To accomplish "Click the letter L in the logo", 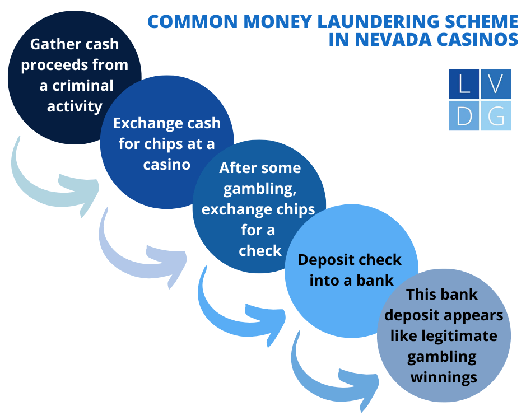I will tap(464, 85).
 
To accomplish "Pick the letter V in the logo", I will tap(495, 85).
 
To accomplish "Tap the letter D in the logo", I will tap(464, 116).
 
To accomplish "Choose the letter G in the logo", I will tap(495, 116).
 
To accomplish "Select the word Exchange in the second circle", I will tap(145, 123).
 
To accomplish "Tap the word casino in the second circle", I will tap(166, 165).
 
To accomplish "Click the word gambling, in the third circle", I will tap(259, 189).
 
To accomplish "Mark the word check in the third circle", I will tap(259, 250).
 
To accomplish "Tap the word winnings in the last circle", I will tap(444, 377).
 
